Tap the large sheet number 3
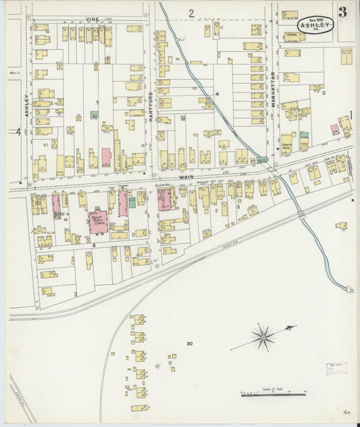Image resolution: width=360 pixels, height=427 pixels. pos(344,11)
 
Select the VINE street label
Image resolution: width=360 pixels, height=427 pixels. pos(92,20)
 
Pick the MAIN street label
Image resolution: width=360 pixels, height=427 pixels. pos(186,177)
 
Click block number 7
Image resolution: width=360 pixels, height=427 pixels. pos(97,103)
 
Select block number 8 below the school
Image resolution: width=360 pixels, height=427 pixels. pos(95,245)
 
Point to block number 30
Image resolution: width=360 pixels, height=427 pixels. pos(190,344)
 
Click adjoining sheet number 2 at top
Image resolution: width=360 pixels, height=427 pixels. pos(191,12)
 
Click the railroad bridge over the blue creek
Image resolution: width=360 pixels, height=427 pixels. pos(301,215)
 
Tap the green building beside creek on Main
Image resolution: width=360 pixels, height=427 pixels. pos(261,160)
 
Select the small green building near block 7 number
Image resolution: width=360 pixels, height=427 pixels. pos(94,116)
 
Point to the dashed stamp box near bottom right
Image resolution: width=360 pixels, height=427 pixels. pos(335,369)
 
